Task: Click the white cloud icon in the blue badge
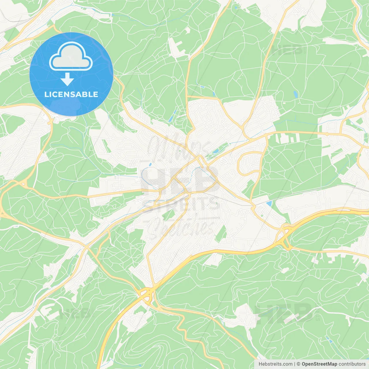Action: coord(71,57)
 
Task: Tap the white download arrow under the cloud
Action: coord(67,79)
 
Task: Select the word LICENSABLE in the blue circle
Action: coord(71,94)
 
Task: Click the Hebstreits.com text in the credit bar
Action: coord(275,364)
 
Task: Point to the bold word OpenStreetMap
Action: coord(319,364)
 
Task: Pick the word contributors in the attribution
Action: coord(352,364)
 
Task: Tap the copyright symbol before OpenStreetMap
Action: coord(298,364)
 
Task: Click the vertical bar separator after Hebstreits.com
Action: coord(295,364)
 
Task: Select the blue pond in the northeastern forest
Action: coord(295,94)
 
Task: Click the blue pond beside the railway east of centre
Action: coord(269,204)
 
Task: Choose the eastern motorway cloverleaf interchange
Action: coord(285,235)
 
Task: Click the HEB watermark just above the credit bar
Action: coord(284,313)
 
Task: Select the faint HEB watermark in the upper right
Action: coord(287,50)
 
